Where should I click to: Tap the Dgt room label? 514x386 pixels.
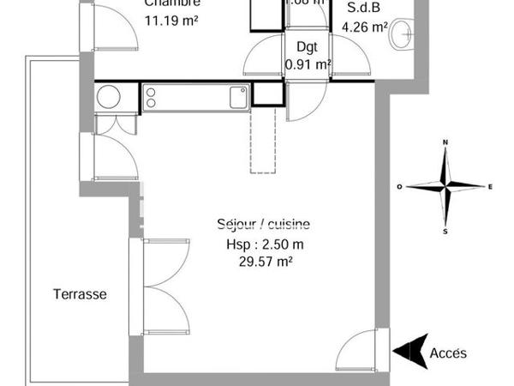307,48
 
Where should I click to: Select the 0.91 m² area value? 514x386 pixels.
308,63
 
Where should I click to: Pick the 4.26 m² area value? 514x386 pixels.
364,27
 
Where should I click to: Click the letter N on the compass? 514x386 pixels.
445,142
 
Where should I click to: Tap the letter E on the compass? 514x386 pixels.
489,186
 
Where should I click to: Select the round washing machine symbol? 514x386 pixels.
109,98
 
